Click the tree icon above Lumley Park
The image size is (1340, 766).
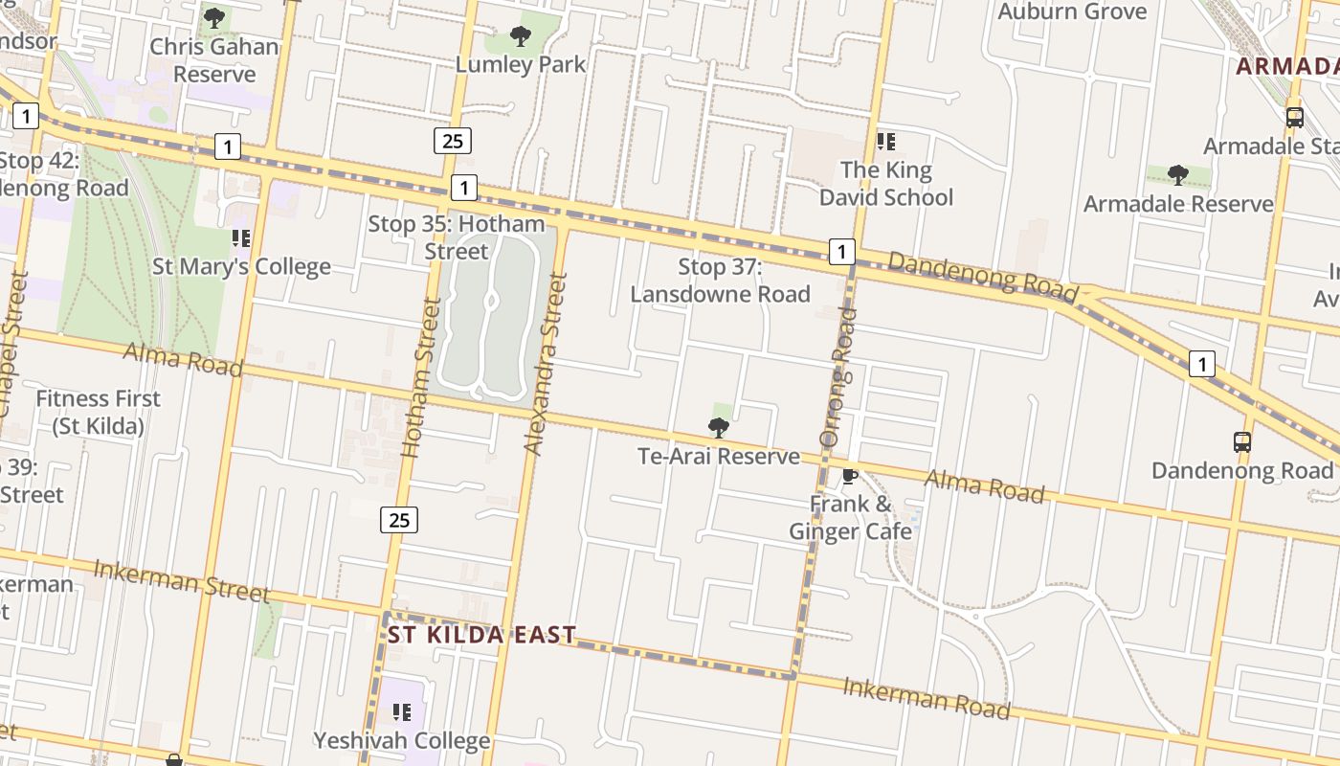(520, 37)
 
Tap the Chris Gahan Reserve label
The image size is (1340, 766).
(214, 59)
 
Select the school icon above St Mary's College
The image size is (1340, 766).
(241, 237)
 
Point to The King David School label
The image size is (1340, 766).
(886, 184)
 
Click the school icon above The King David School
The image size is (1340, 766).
(886, 142)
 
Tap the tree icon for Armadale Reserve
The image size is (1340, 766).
(1178, 175)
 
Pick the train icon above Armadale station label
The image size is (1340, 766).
(1295, 118)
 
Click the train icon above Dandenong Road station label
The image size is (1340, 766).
(1242, 442)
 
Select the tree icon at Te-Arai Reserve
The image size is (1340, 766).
(718, 427)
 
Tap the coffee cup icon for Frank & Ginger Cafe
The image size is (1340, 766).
(849, 476)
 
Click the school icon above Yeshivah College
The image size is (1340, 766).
(402, 711)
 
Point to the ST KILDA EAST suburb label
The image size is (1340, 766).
(481, 635)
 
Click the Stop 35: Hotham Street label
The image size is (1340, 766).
(457, 237)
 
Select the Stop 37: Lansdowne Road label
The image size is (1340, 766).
(720, 281)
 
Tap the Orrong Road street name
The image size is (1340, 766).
(836, 377)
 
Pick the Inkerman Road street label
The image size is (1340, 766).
(926, 699)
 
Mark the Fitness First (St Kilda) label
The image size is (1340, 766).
(99, 412)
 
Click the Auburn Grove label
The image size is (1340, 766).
(1072, 11)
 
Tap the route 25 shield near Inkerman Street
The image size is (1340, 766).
(399, 520)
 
